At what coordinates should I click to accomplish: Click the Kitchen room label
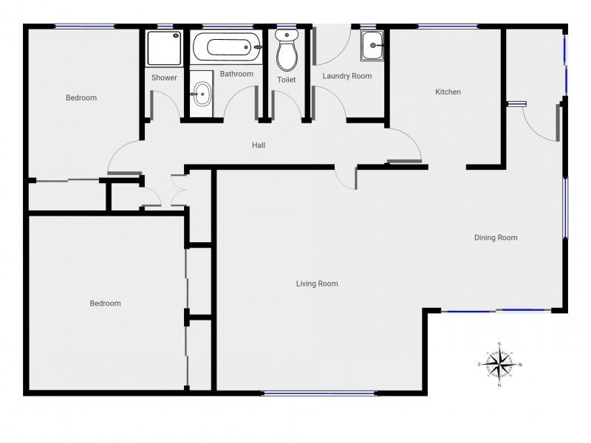(448, 92)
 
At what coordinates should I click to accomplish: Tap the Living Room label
(317, 284)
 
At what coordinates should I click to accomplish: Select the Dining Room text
(496, 238)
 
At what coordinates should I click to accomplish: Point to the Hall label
(259, 145)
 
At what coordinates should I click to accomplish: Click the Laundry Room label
(347, 76)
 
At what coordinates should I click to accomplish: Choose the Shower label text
(164, 78)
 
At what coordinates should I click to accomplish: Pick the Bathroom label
(236, 74)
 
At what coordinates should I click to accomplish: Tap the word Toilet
(287, 80)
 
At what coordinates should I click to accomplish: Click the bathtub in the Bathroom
(227, 47)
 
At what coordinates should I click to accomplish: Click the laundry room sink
(372, 46)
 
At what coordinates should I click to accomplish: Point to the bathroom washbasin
(202, 94)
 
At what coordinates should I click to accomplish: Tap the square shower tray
(164, 48)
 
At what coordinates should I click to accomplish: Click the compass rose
(499, 364)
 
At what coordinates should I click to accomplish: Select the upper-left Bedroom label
(81, 98)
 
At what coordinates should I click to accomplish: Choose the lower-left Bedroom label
(105, 303)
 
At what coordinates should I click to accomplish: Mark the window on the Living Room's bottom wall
(319, 394)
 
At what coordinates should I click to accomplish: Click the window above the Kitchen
(448, 27)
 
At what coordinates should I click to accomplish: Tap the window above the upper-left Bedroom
(85, 27)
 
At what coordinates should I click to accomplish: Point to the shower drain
(176, 35)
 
